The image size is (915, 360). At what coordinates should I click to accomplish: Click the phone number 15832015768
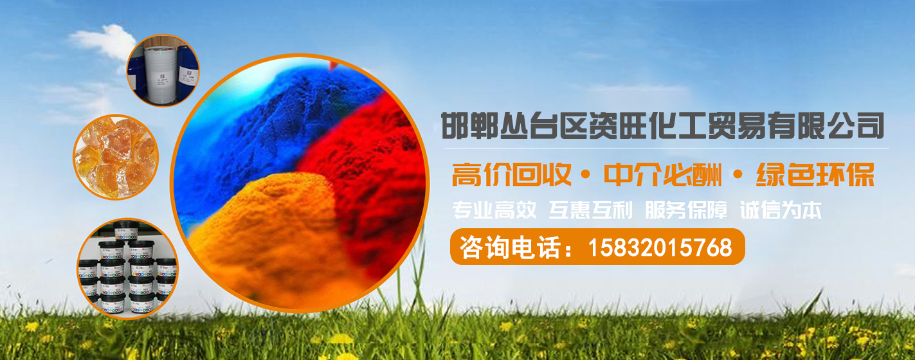(660, 248)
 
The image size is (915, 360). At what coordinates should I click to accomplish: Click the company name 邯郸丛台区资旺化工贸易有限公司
(663, 126)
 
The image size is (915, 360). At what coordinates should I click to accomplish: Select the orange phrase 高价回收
(511, 175)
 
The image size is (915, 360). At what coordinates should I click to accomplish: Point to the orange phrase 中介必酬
(662, 175)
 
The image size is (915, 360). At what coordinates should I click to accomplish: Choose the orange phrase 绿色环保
(815, 175)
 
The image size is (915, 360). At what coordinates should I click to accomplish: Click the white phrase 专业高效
(494, 210)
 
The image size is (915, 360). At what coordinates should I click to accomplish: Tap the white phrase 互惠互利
(590, 210)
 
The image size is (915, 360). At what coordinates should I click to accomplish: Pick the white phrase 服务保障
(686, 210)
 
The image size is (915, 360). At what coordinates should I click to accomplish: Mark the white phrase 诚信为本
(781, 210)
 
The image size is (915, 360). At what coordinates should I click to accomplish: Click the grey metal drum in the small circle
(161, 73)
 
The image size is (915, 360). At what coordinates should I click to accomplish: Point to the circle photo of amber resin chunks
(116, 157)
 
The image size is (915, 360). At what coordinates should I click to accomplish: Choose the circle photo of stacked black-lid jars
(128, 269)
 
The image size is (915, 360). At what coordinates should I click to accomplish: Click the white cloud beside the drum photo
(104, 40)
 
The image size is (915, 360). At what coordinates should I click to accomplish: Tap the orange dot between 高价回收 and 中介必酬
(586, 175)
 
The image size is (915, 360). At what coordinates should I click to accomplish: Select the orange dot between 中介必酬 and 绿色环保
(738, 175)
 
